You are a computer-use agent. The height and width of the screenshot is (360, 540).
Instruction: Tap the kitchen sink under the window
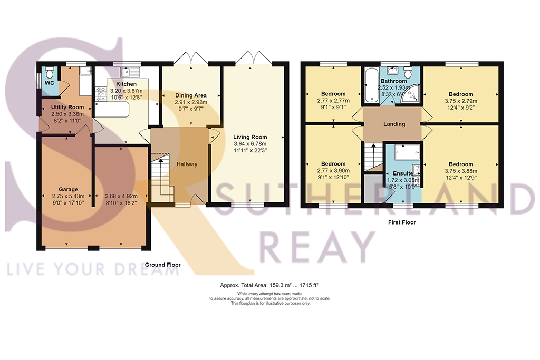[x=128, y=72]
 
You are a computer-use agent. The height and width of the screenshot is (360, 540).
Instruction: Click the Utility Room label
[x=67, y=107]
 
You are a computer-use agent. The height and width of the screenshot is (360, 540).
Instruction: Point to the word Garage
[x=68, y=189]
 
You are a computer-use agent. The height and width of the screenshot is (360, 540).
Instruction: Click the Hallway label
[x=187, y=164]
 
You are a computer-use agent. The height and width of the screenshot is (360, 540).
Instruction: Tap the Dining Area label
[x=191, y=95]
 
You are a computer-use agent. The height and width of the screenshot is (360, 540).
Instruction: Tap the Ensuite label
[x=402, y=173]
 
